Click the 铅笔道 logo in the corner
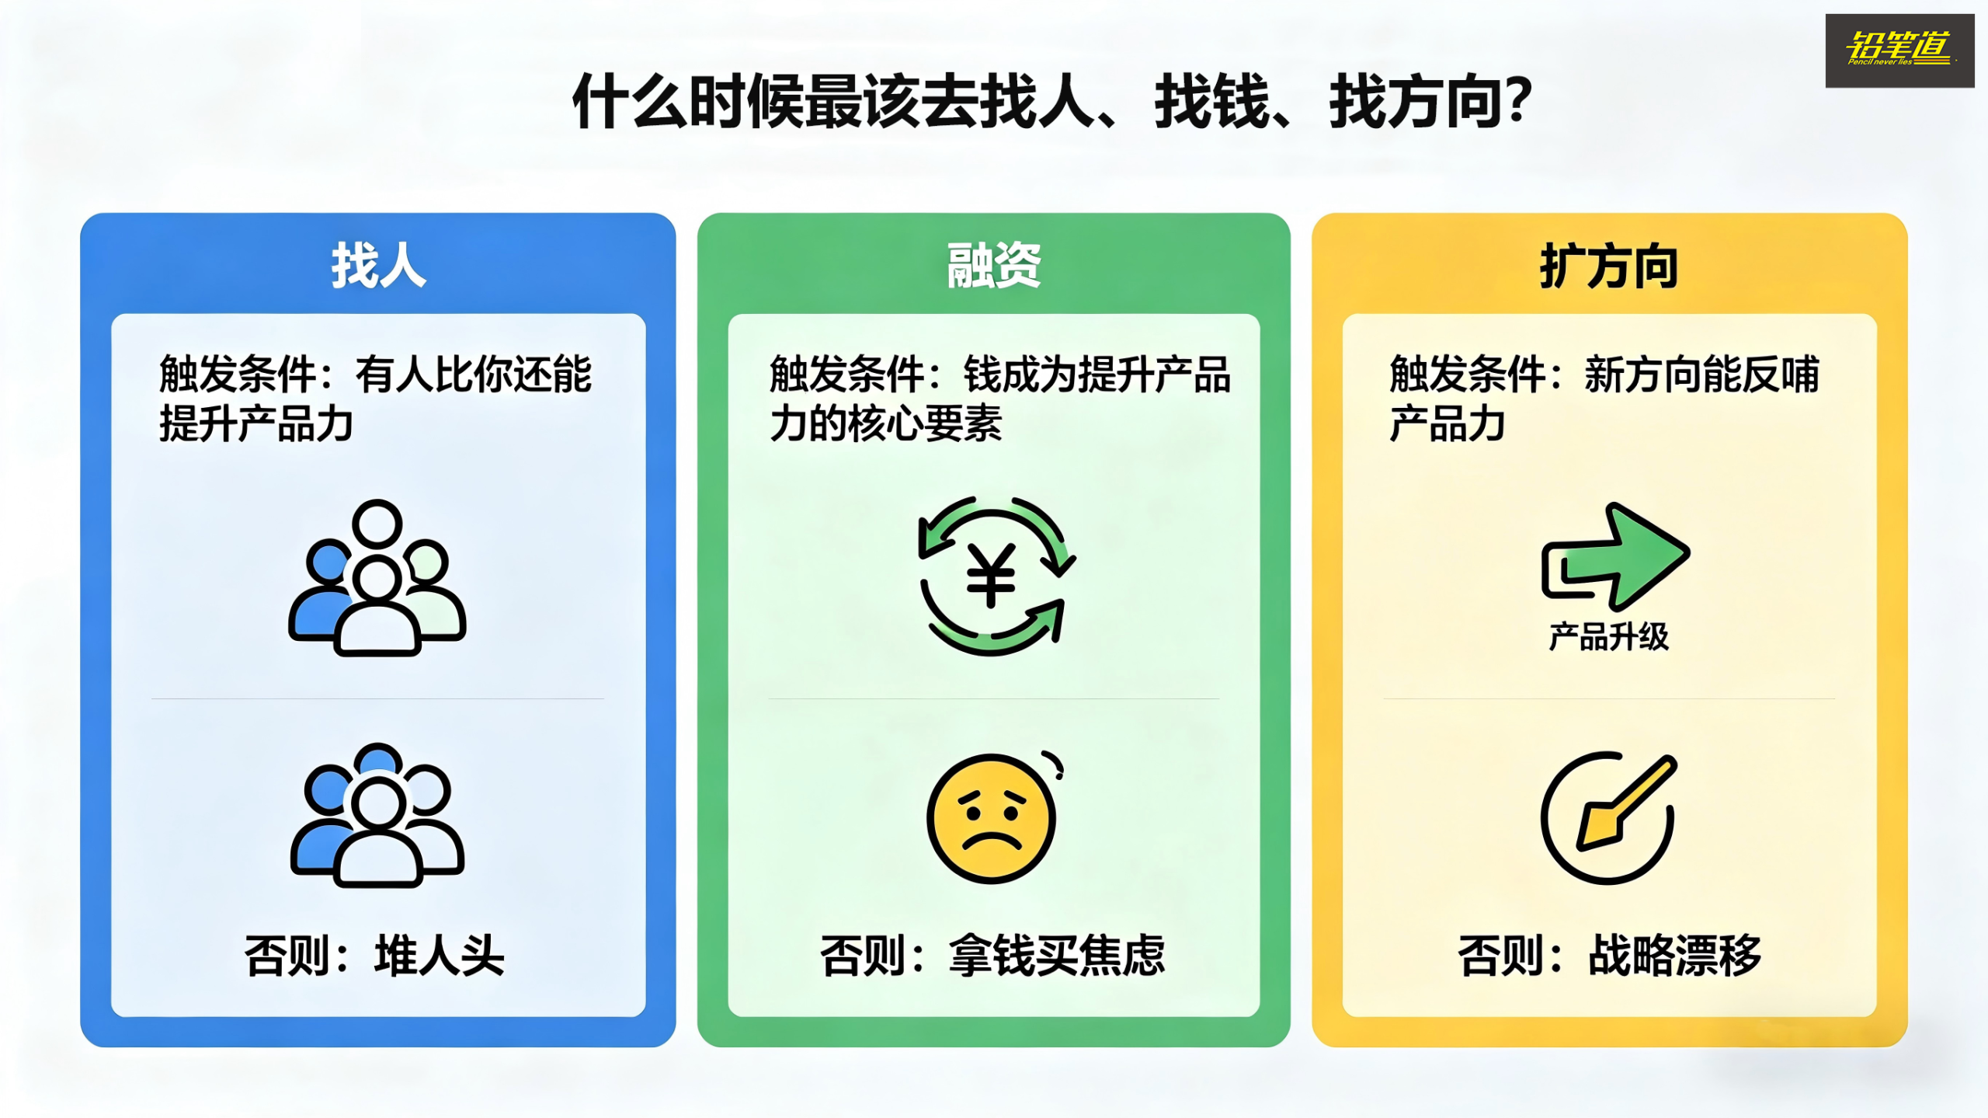tap(1899, 51)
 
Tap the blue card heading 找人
tap(378, 266)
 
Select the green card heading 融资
tap(993, 266)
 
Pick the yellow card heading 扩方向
tap(1609, 266)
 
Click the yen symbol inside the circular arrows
tap(991, 576)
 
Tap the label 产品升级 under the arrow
tap(1608, 637)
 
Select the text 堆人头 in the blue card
tap(440, 955)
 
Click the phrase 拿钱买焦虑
tap(1057, 955)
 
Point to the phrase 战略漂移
tap(1674, 955)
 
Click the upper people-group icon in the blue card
tap(377, 577)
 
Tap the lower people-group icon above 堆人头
tap(377, 815)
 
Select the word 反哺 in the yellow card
tap(1781, 374)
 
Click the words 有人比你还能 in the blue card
tap(474, 374)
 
